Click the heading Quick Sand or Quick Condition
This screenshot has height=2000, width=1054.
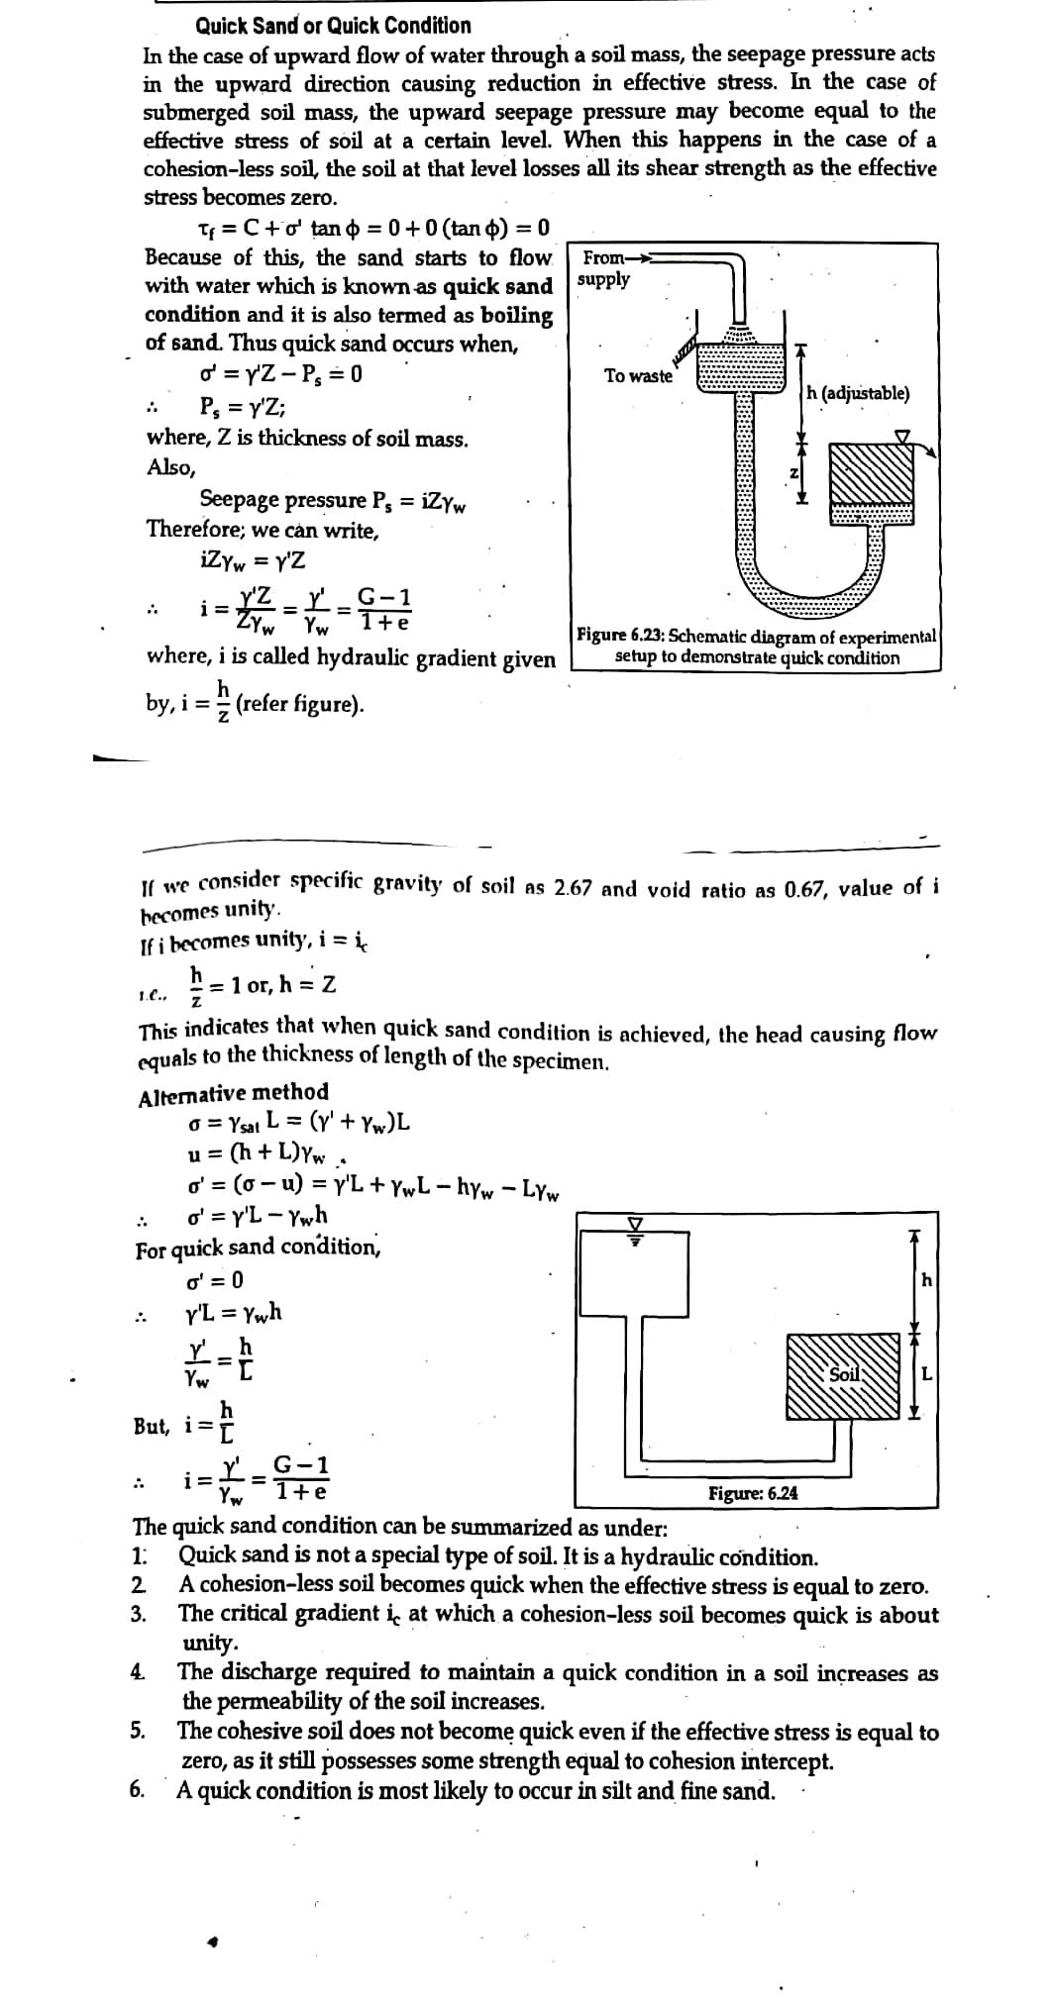tap(333, 26)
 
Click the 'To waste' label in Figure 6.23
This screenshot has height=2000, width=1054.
tap(638, 376)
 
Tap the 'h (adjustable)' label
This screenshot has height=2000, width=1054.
tap(857, 393)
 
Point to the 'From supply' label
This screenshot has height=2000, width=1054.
tap(604, 268)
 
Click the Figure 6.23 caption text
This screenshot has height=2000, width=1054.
tap(757, 648)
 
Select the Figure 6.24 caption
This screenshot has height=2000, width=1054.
tap(753, 1493)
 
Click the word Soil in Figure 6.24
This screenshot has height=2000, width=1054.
tap(843, 1374)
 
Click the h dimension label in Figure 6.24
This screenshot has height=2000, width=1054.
tap(925, 1280)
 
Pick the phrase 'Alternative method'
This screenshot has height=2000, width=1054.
tap(234, 1092)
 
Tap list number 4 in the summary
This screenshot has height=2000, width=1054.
tap(139, 1672)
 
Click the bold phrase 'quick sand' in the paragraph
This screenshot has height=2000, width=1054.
tap(497, 286)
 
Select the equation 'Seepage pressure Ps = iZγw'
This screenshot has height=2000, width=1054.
tap(333, 500)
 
